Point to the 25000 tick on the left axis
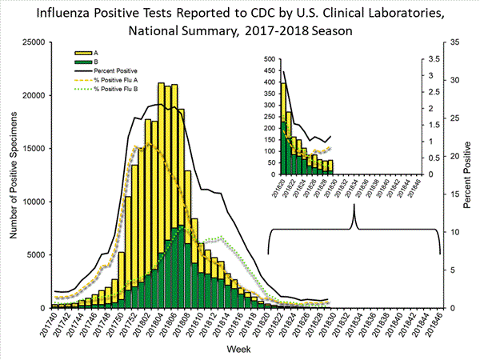coord(34,42)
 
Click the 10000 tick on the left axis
coord(34,202)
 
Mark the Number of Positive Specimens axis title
coord(14,174)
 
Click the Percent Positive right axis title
coord(468,174)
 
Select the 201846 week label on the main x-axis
coord(437,325)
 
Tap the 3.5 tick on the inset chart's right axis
coord(430,59)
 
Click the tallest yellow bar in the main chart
coord(161,196)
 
